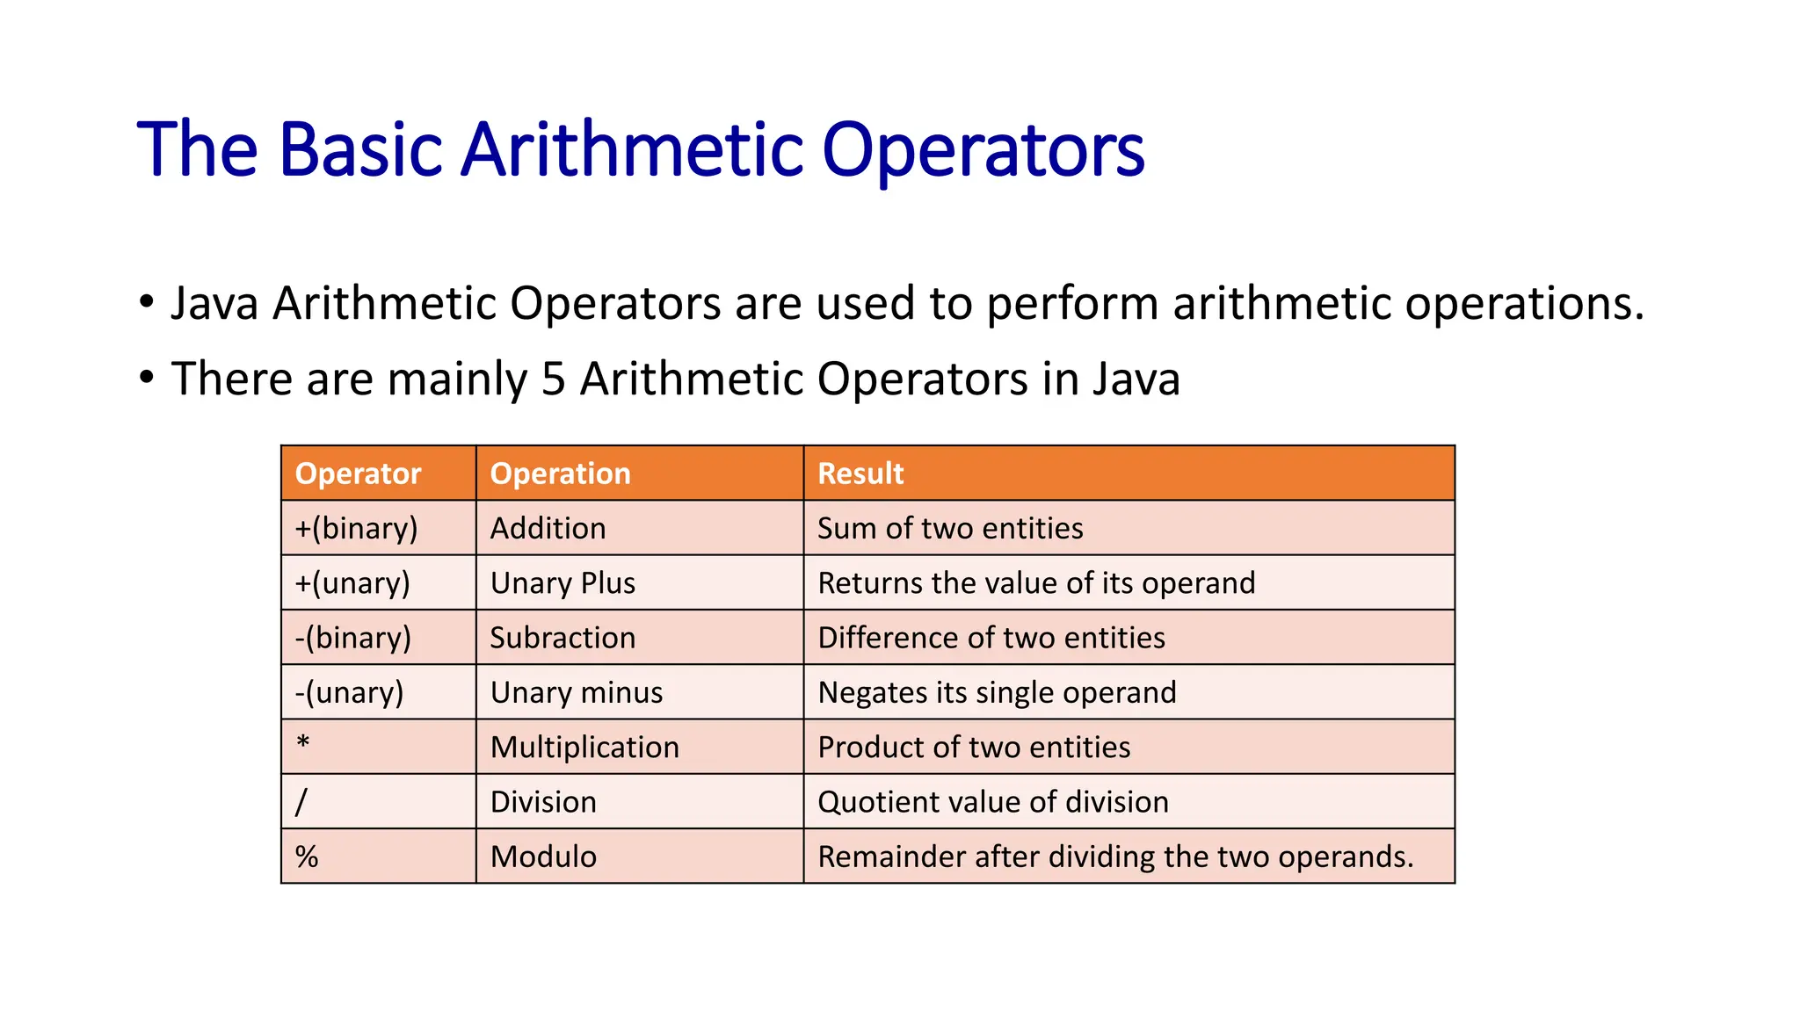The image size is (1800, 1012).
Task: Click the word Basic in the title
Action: [x=359, y=149]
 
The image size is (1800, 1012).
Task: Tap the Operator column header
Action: [x=358, y=473]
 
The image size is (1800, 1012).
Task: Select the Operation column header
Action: [x=560, y=473]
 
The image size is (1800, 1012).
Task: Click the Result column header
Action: [x=860, y=473]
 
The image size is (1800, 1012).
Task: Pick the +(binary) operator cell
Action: [x=356, y=528]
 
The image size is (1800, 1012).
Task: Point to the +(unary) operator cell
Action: [x=352, y=583]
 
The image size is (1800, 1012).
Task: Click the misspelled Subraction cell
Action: [x=562, y=638]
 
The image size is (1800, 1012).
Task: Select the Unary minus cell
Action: [x=577, y=692]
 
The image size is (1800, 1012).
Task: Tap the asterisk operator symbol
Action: [x=303, y=743]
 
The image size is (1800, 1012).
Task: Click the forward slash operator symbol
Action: [x=301, y=801]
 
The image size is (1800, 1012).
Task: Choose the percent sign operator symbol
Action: [x=307, y=857]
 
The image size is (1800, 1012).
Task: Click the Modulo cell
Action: [x=543, y=857]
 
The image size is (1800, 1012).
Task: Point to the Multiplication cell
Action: [x=584, y=748]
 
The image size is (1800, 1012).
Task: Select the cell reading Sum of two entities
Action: [x=950, y=528]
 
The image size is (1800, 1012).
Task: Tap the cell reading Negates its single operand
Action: [x=997, y=692]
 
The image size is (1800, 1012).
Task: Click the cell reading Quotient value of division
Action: [x=993, y=802]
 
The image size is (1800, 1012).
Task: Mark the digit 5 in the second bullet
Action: [x=553, y=379]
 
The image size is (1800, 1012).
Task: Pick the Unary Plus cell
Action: [x=562, y=583]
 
